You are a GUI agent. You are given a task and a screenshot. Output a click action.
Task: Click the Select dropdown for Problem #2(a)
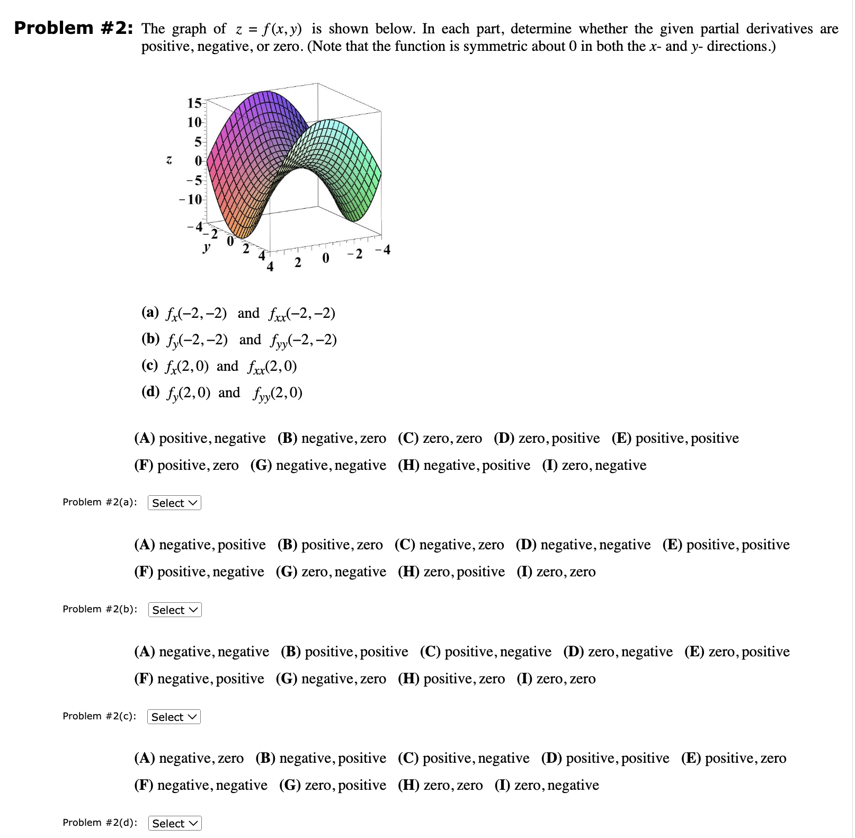(x=174, y=503)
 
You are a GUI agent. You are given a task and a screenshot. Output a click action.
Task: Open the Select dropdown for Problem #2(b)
(x=175, y=610)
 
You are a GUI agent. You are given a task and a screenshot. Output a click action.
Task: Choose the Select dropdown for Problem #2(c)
(x=174, y=717)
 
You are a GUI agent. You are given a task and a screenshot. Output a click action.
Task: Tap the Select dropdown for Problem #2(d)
(x=175, y=823)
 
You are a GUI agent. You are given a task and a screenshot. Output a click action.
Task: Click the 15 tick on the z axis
(x=194, y=103)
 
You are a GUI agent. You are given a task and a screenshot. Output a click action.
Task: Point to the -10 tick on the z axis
(x=191, y=200)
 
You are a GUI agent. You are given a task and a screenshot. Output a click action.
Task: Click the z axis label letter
(x=168, y=159)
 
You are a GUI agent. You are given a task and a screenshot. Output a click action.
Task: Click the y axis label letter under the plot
(x=207, y=247)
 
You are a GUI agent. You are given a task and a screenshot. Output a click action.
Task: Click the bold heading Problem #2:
(x=73, y=28)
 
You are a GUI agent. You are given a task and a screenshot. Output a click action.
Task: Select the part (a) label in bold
(x=150, y=312)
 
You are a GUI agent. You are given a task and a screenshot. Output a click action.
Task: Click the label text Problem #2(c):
(x=99, y=716)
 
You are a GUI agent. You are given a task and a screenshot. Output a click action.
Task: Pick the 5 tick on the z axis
(x=198, y=141)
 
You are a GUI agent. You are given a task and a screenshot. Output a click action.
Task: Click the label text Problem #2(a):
(x=100, y=502)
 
